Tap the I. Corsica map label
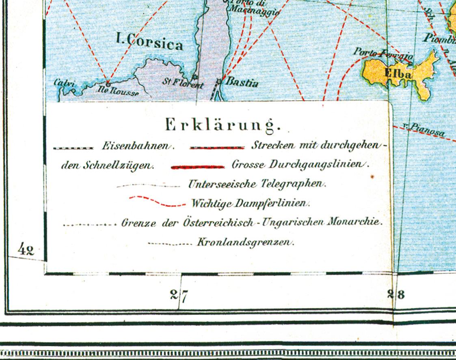pyautogui.click(x=149, y=42)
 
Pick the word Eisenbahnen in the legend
pyautogui.click(x=137, y=147)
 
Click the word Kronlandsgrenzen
pyautogui.click(x=245, y=243)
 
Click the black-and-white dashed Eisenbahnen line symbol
pyautogui.click(x=73, y=148)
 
